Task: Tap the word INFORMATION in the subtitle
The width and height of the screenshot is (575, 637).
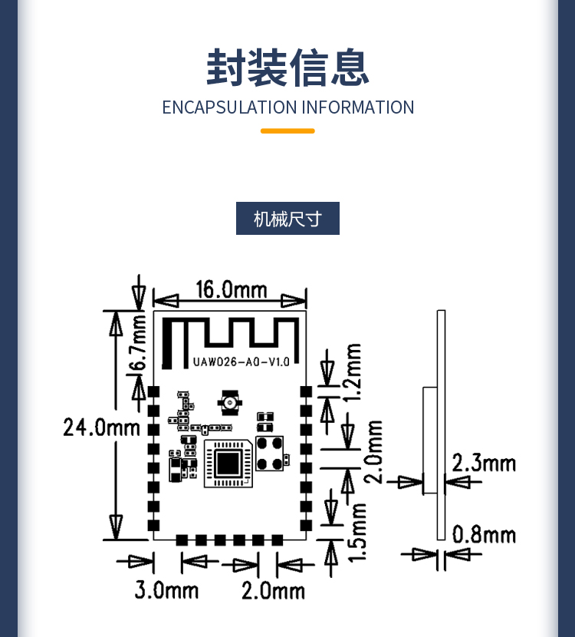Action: (x=358, y=107)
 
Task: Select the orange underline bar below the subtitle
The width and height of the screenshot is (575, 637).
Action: (x=287, y=131)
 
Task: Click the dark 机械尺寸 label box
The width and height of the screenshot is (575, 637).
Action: (x=287, y=219)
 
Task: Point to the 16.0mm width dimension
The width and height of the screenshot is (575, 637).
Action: (x=231, y=289)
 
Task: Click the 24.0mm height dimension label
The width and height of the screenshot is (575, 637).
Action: (x=101, y=427)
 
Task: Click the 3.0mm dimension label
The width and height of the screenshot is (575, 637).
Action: (x=166, y=590)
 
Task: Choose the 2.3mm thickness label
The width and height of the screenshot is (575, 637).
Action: (x=484, y=463)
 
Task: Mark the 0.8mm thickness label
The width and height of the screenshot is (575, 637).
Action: (x=484, y=534)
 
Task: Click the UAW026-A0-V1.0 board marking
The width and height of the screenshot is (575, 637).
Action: (x=242, y=361)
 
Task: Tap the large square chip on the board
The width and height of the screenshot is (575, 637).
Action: (x=228, y=463)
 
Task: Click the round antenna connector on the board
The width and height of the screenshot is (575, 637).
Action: (x=228, y=401)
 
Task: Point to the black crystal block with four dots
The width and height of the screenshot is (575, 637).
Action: (x=269, y=453)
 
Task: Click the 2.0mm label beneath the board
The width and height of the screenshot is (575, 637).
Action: (x=273, y=590)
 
